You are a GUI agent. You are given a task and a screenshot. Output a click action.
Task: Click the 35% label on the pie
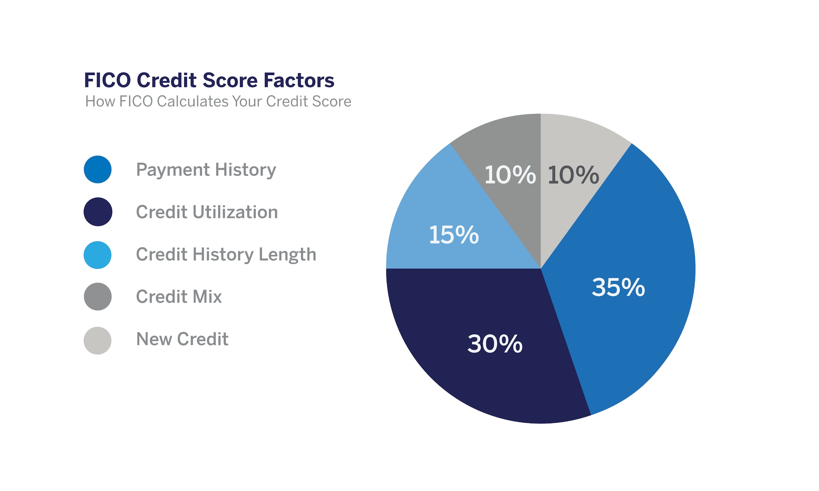(618, 288)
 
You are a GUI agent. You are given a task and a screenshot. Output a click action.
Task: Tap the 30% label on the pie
(495, 344)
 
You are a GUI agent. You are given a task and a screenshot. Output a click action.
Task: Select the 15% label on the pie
(454, 235)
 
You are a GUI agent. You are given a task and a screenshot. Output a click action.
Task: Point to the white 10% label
(510, 175)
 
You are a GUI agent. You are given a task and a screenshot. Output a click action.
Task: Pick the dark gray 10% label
(573, 175)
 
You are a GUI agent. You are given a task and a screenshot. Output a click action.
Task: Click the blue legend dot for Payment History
(98, 169)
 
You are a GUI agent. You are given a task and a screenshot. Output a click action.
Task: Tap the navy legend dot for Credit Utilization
(98, 212)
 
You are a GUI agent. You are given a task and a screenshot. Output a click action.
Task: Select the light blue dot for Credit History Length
(98, 255)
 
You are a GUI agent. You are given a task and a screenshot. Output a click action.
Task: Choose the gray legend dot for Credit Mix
(98, 297)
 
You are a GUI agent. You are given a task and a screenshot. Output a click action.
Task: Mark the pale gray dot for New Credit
(98, 340)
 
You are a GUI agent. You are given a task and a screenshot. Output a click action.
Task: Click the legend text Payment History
(206, 170)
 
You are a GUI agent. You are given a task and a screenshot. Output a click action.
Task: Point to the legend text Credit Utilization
(207, 212)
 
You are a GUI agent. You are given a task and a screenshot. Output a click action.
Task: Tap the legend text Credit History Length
(226, 255)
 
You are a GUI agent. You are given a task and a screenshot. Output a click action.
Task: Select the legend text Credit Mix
(179, 297)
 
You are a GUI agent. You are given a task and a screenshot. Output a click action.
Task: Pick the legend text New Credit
(182, 339)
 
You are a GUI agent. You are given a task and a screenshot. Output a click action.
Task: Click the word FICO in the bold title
(107, 80)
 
